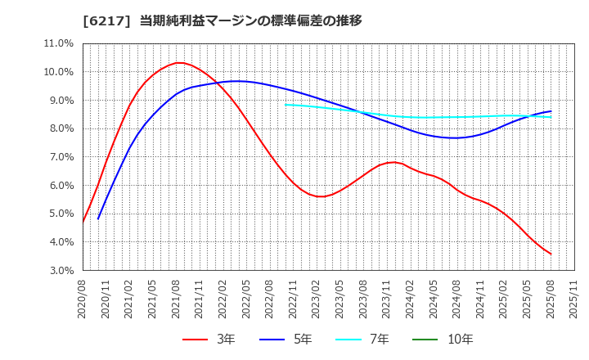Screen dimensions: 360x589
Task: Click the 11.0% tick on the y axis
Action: tap(58, 43)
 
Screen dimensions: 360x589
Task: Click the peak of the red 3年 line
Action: tap(178, 63)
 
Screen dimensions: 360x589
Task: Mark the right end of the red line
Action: tap(551, 254)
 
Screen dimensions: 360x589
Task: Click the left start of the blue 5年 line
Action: tap(98, 218)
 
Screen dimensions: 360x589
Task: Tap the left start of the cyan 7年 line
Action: tap(286, 104)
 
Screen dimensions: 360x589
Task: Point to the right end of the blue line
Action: tap(551, 111)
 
